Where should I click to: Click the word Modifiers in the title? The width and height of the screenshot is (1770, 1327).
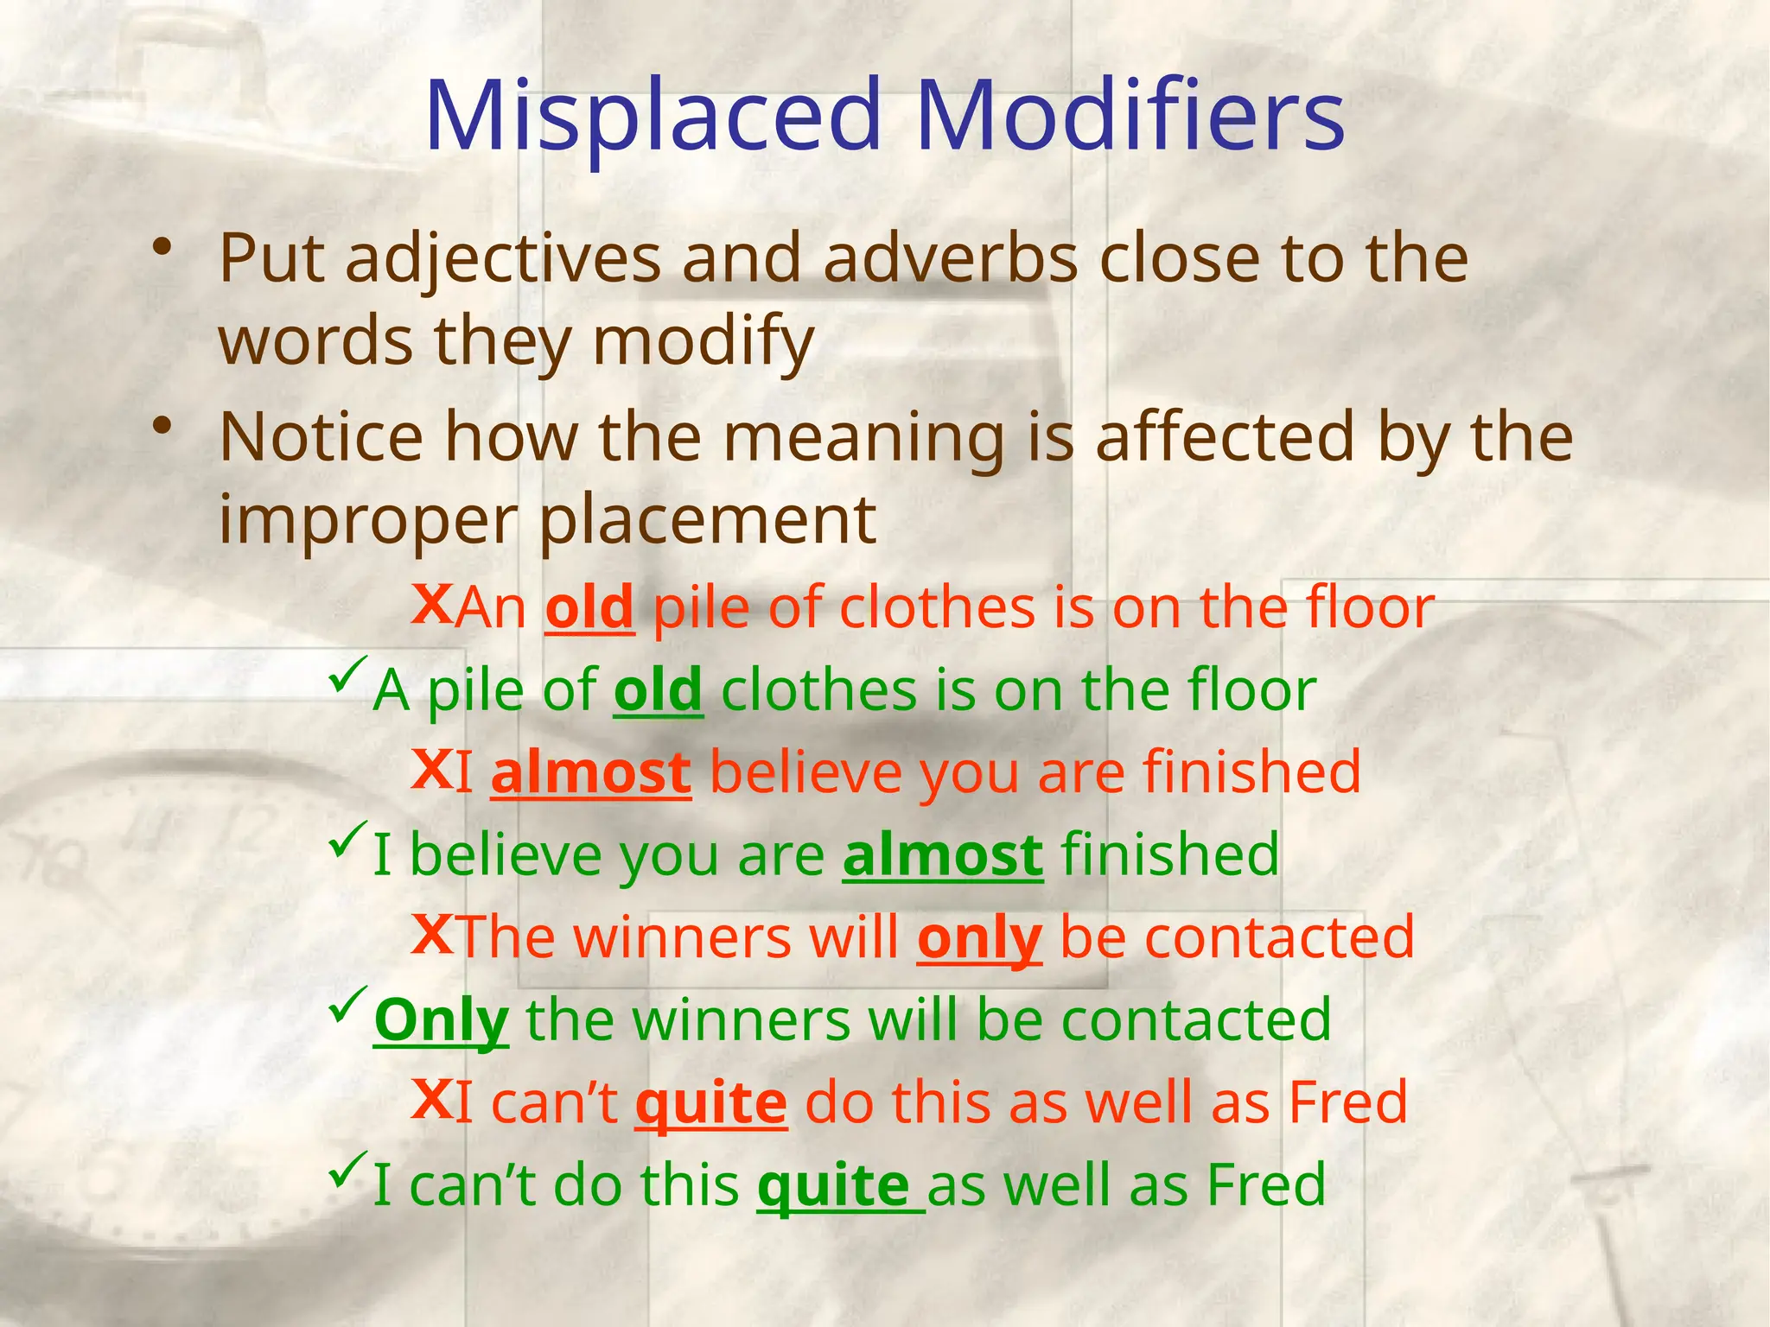[x=1130, y=116]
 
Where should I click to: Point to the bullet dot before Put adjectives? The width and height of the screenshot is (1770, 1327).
[x=161, y=248]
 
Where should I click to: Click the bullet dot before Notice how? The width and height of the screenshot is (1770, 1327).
[x=161, y=427]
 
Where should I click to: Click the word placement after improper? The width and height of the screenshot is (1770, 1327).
[x=709, y=520]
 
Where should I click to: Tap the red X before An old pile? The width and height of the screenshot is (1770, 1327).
[x=431, y=602]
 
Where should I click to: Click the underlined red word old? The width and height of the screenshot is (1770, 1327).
[x=589, y=607]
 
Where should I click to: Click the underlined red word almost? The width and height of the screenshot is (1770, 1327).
[x=591, y=772]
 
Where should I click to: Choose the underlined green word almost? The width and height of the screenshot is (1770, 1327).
[x=943, y=854]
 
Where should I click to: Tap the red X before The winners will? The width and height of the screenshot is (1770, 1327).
[x=432, y=933]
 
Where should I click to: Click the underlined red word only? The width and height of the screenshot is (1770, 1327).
[x=979, y=938]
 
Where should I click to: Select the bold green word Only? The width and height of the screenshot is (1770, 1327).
[x=442, y=1020]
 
